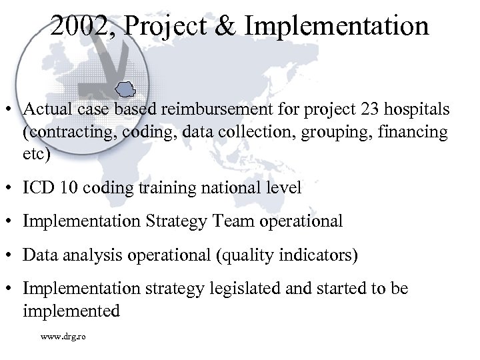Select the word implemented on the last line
[71, 311]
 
